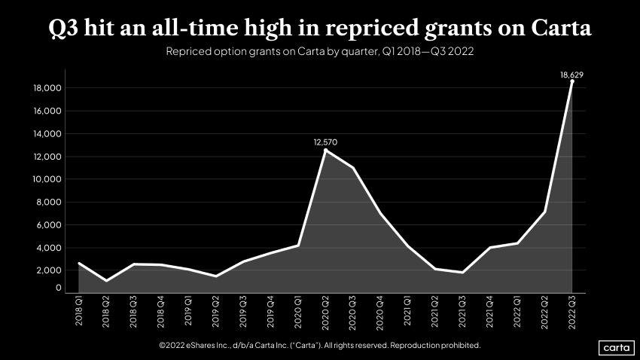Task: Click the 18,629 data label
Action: pos(571,75)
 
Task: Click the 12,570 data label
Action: pos(326,142)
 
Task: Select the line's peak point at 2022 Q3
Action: pos(572,81)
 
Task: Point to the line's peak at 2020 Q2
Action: pos(326,150)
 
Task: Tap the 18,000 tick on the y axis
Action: pos(47,88)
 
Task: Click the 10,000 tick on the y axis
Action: pos(47,179)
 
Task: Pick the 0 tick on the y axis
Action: pos(58,288)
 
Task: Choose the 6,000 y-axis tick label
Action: pos(49,224)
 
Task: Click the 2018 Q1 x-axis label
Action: pos(80,312)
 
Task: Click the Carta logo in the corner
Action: pos(617,347)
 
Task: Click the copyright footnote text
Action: pos(319,345)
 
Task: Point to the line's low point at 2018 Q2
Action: pos(107,280)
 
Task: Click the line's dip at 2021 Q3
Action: pos(463,272)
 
